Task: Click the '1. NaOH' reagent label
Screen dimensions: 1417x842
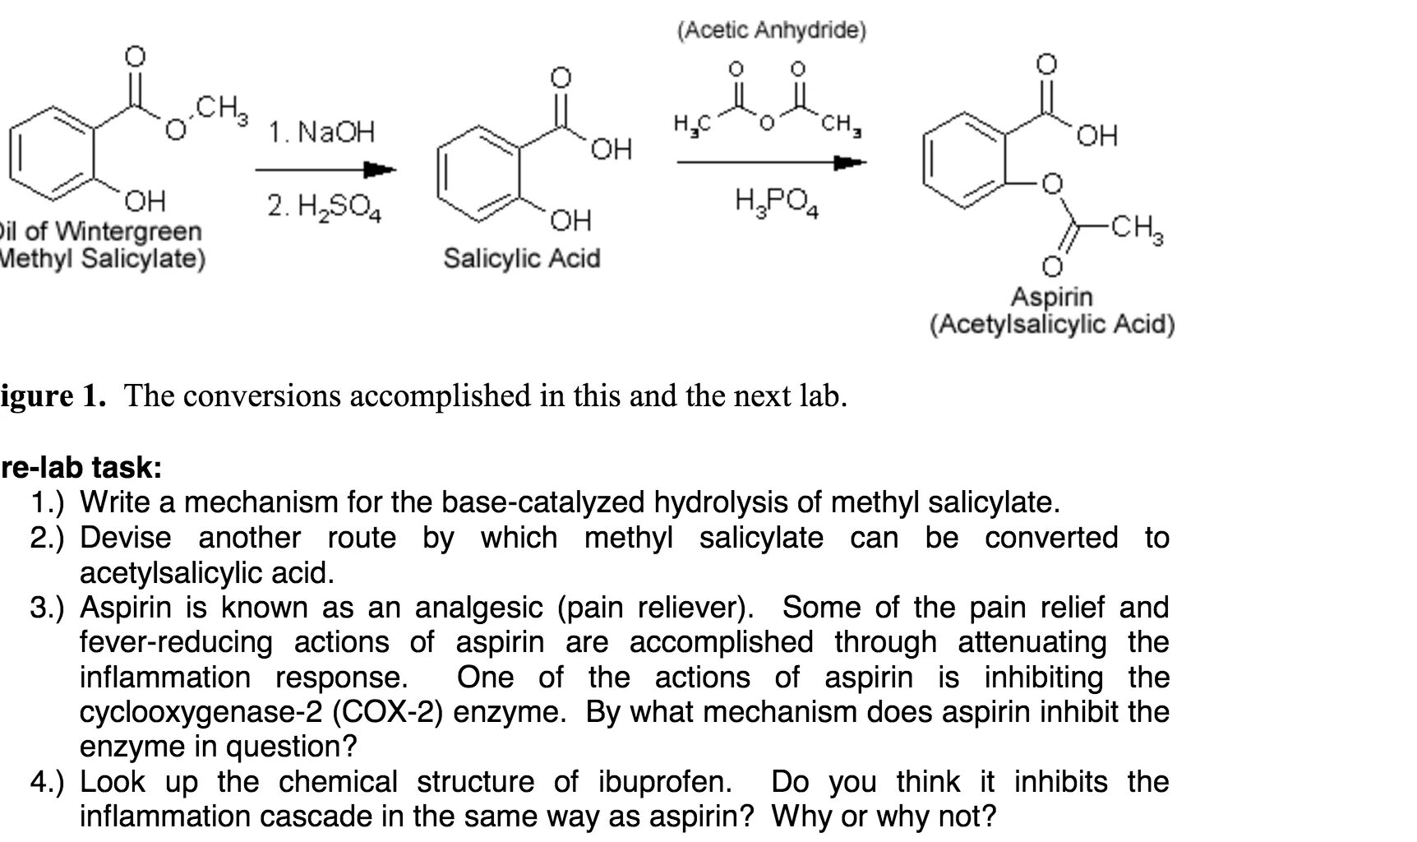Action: pos(321,132)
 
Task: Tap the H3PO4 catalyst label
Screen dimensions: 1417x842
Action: pos(776,201)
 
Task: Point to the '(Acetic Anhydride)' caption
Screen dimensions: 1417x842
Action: pos(771,31)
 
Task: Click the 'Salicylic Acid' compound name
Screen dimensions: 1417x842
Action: pos(522,258)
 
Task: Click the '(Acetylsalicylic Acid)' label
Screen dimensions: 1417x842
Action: pos(1051,325)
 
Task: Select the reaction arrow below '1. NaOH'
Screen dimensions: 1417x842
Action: pos(325,170)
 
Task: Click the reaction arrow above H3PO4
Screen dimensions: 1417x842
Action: pos(771,163)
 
